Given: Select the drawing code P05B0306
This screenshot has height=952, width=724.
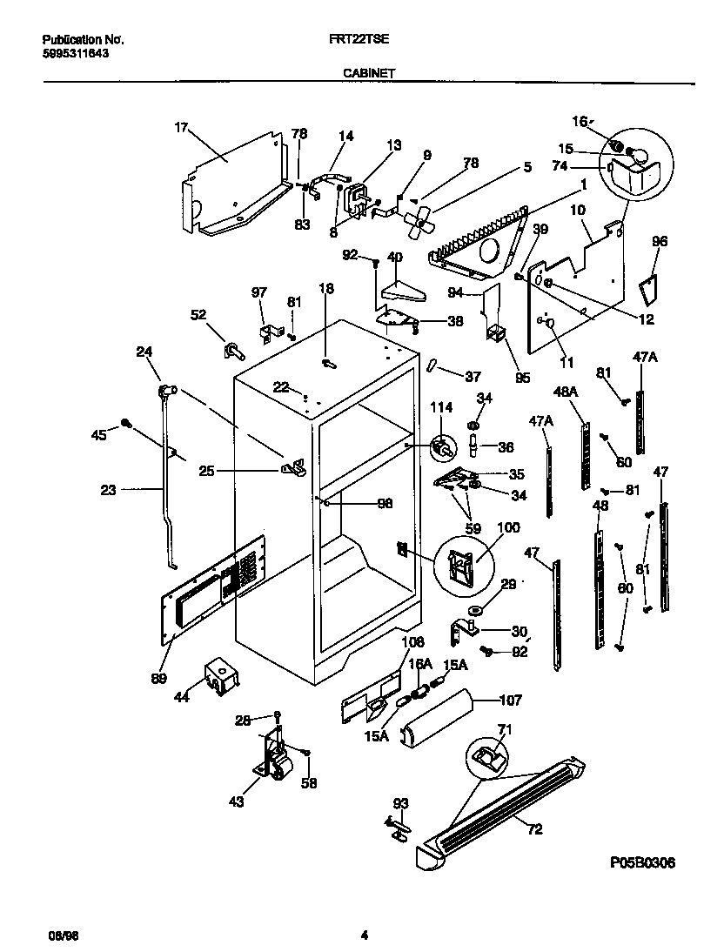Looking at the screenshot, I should coord(642,861).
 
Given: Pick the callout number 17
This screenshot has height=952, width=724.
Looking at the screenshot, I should coord(181,128).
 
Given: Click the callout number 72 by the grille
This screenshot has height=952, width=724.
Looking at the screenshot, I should coord(534,829).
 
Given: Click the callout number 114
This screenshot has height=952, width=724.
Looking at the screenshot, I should coord(443,406).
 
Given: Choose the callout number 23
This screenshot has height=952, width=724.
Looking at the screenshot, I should coord(108,490).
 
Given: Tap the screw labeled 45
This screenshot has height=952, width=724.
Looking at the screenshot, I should coord(126,423).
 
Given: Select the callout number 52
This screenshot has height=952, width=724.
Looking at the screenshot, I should coord(198,314).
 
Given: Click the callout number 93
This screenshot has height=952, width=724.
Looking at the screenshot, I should coord(399,803).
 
